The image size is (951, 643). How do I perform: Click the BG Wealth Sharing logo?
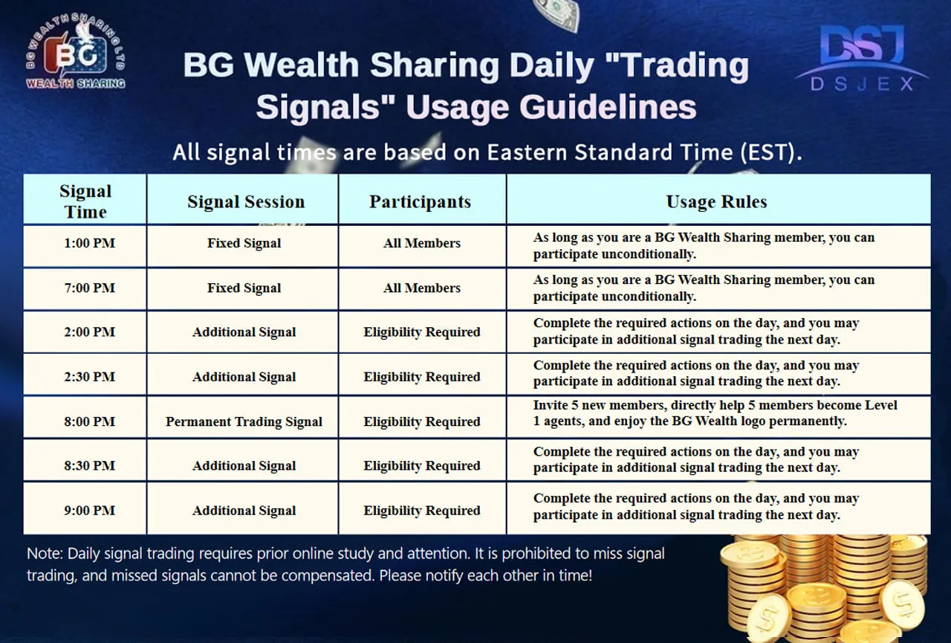click(x=75, y=55)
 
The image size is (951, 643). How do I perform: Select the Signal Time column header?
click(x=85, y=201)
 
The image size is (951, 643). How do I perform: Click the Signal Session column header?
click(x=245, y=202)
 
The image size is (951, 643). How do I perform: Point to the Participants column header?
click(x=420, y=202)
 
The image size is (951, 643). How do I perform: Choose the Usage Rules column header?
click(x=716, y=202)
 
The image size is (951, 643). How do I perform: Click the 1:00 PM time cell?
click(x=90, y=243)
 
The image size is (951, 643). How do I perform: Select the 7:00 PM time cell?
click(x=90, y=288)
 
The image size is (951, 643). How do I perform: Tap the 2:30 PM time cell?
click(x=90, y=377)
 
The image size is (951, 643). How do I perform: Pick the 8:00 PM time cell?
click(x=90, y=421)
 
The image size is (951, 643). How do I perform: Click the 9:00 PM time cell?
click(x=90, y=511)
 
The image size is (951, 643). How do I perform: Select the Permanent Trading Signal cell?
click(x=244, y=421)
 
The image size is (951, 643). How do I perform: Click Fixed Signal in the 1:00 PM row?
click(x=244, y=243)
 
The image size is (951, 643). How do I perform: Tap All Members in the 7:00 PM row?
click(x=421, y=288)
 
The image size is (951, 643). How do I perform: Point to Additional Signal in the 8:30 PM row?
click(x=244, y=466)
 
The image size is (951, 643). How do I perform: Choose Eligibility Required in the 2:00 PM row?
click(x=421, y=332)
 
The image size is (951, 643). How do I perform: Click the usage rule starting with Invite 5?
click(x=715, y=413)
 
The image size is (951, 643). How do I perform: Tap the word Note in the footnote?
click(x=43, y=554)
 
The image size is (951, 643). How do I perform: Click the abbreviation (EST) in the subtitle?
click(x=768, y=152)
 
